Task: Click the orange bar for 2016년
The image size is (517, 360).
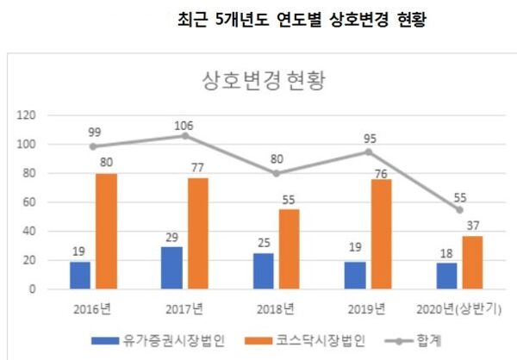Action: point(106,231)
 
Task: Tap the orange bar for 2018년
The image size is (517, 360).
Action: point(290,249)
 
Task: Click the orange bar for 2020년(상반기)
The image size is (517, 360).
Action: point(473,262)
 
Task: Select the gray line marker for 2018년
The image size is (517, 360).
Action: point(277,172)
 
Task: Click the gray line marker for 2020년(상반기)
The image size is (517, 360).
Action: point(460,209)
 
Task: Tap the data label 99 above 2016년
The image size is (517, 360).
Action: point(93,132)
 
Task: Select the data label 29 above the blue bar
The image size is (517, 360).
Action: point(172,235)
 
